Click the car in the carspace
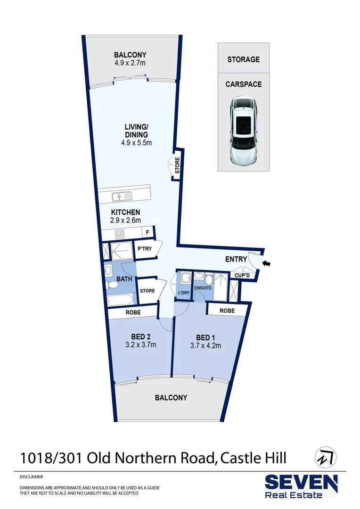click(244, 131)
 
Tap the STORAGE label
click(243, 59)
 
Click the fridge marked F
click(147, 232)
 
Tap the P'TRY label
click(145, 249)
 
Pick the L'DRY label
click(184, 293)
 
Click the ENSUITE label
click(203, 287)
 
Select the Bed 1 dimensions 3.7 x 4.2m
click(205, 345)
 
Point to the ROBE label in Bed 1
click(227, 311)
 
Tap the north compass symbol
click(324, 456)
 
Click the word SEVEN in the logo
click(301, 483)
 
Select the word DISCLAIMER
click(31, 477)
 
